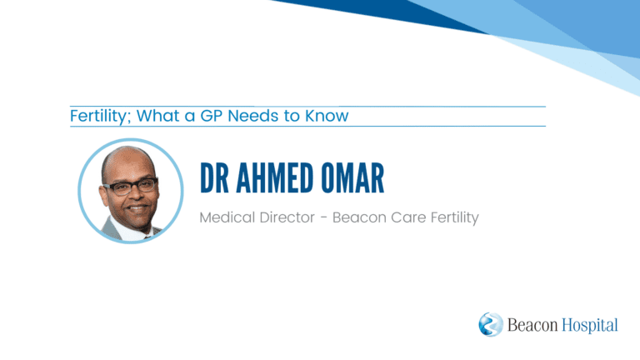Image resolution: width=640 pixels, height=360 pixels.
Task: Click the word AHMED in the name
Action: (275, 178)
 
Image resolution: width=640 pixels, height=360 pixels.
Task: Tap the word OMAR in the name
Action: (352, 178)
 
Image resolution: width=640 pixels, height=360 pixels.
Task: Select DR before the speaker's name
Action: (214, 178)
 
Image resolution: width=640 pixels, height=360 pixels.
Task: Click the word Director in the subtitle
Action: (287, 217)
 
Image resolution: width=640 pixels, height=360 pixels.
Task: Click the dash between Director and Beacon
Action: (323, 218)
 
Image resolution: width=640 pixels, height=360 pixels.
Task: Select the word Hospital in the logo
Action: (590, 325)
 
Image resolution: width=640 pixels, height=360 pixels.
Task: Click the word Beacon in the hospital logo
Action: (532, 325)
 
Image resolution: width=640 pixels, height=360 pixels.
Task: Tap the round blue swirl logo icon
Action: (491, 324)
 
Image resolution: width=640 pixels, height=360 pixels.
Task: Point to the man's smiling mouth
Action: (137, 208)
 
